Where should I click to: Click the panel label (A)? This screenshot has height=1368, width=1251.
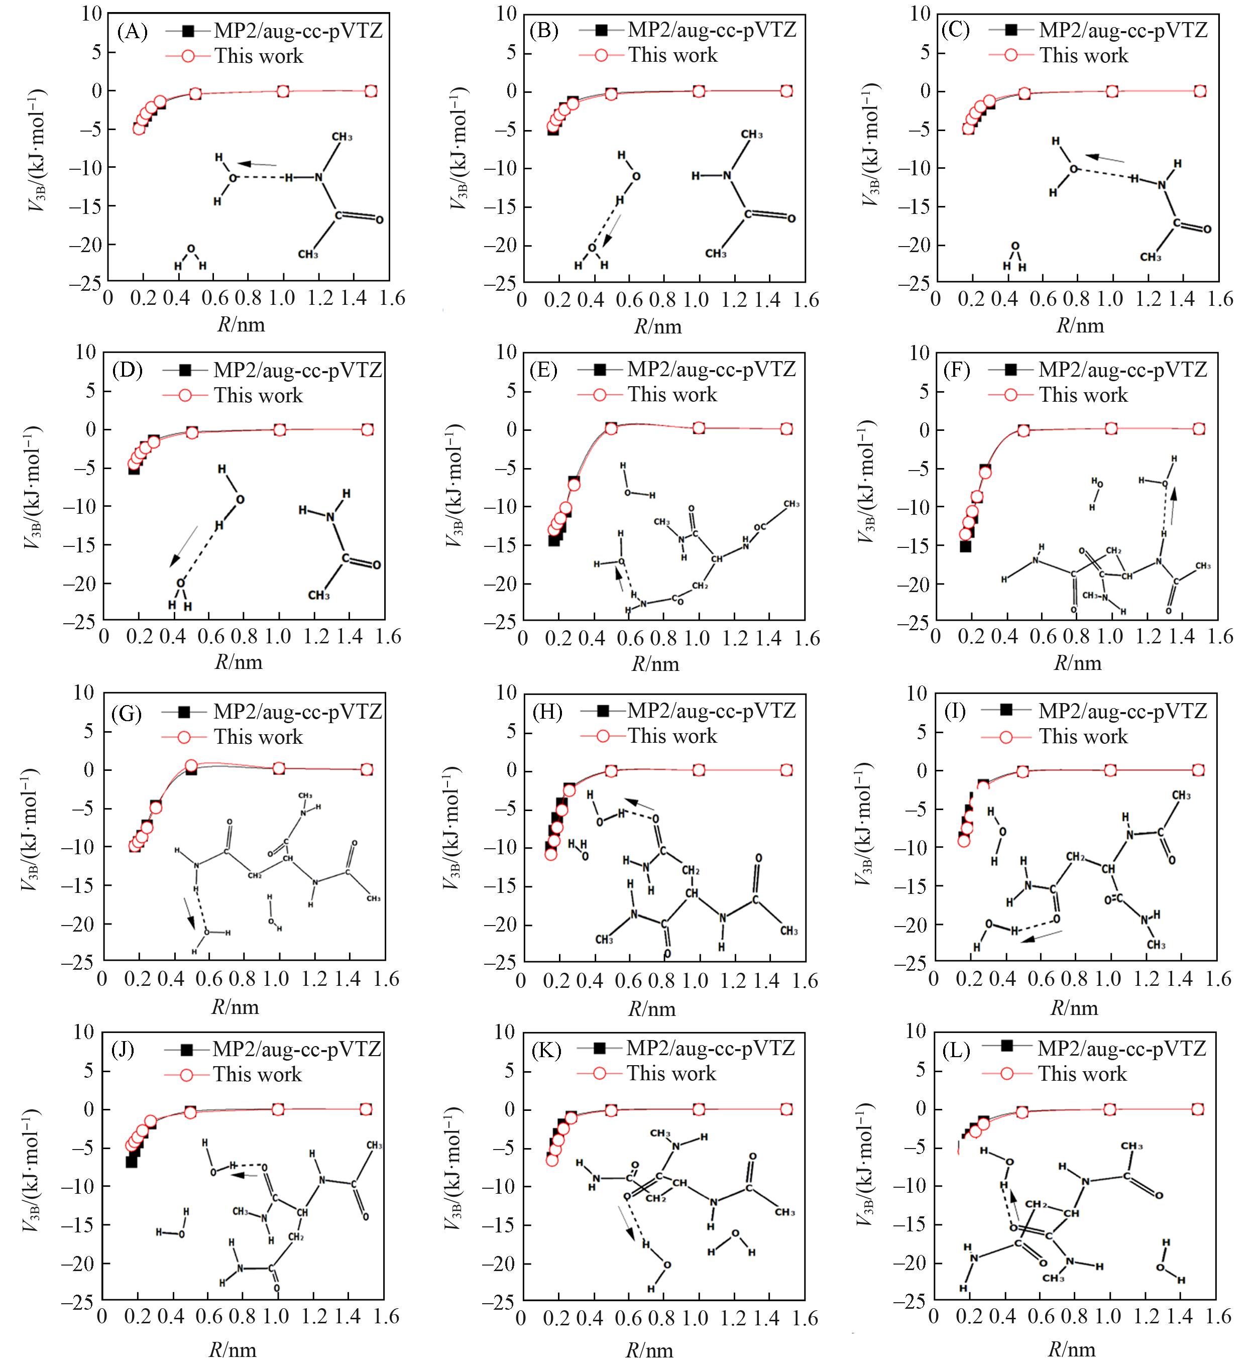(x=132, y=32)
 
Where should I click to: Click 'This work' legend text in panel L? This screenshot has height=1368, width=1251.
(x=1083, y=1074)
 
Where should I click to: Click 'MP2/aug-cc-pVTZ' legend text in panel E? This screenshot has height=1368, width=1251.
(x=712, y=369)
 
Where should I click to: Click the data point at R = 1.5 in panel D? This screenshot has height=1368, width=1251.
(x=367, y=429)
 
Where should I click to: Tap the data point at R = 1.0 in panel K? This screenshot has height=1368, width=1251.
(x=699, y=1109)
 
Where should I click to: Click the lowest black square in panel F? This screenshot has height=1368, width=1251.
(x=965, y=546)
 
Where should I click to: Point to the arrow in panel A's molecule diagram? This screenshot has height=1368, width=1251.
(x=257, y=164)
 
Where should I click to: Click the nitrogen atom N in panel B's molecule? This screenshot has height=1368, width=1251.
(x=727, y=176)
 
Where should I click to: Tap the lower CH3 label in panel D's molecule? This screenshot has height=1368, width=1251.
(x=319, y=595)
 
